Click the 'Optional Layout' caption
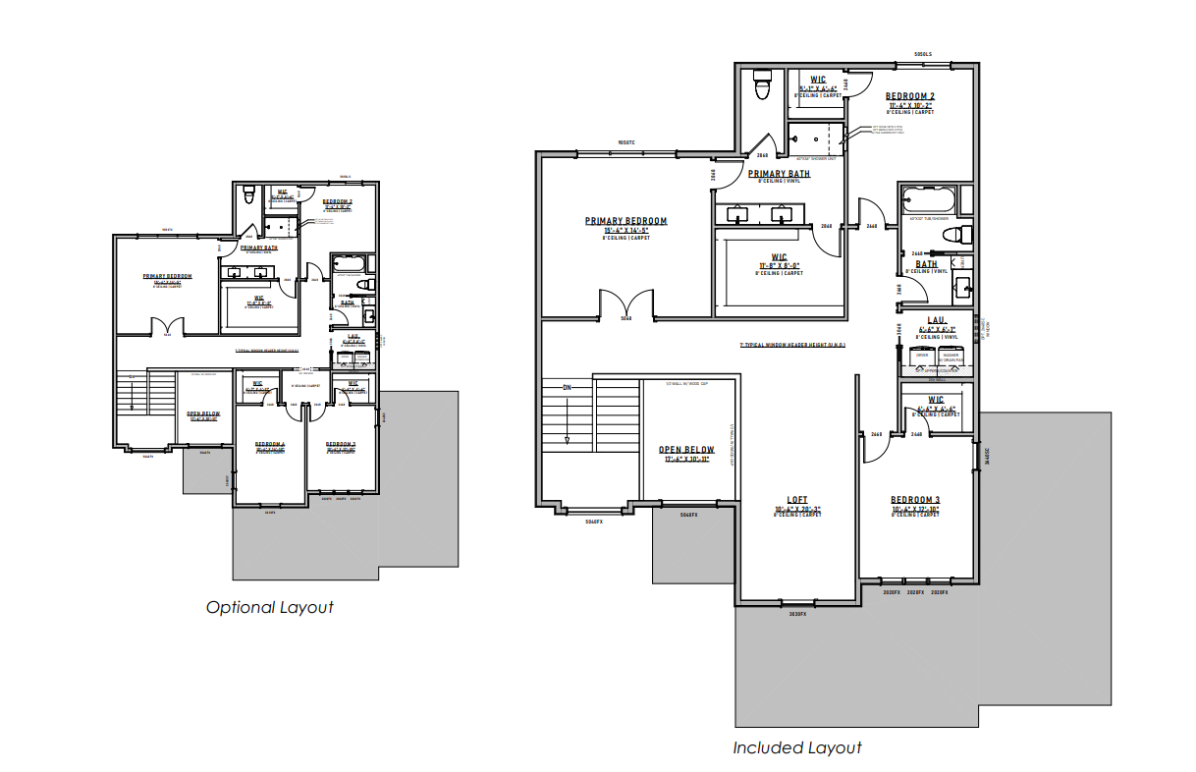269,607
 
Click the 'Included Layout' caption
796,747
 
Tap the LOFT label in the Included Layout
796,498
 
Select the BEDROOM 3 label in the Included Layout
915,501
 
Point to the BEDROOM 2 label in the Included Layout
910,96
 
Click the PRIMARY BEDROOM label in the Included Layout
625,221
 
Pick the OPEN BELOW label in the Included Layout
686,450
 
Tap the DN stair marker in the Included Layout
568,387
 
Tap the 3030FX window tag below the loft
797,614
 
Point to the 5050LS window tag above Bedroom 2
921,54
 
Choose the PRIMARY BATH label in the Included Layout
779,174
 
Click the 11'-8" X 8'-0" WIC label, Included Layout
779,257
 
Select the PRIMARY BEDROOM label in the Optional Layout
167,276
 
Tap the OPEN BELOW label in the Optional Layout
203,414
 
